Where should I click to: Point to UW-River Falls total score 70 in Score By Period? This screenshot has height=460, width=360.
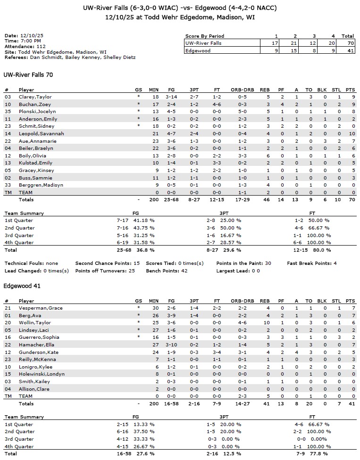pos(348,43)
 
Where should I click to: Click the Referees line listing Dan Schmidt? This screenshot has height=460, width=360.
pos(70,57)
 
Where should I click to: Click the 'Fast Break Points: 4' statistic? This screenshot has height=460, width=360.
pos(312,263)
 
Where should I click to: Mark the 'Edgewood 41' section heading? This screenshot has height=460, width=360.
pos(19,286)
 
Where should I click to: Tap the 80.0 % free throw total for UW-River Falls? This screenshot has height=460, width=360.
pos(323,250)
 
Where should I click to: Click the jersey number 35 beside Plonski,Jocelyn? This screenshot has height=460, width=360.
pos(8,111)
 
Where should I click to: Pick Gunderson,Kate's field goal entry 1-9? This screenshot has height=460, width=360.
pos(171,352)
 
